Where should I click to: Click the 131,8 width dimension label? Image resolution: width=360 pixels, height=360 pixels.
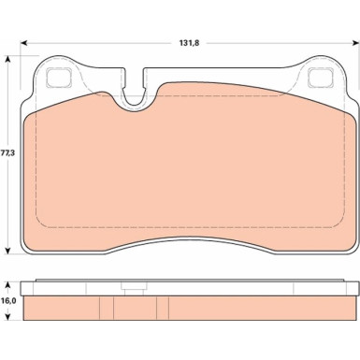tap(189, 43)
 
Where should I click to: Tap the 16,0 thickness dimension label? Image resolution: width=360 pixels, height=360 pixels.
tap(8, 301)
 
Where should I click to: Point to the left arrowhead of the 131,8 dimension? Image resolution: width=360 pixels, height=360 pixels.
tap(24, 43)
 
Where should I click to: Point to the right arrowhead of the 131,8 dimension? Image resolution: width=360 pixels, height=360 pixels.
tap(355, 43)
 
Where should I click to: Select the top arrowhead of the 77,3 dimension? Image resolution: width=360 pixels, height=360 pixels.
tap(8, 60)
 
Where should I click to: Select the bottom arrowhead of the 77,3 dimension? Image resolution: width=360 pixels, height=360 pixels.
tap(8, 251)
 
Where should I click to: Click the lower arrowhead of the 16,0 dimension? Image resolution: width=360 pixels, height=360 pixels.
tap(8, 316)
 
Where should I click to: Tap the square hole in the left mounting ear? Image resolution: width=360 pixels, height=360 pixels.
tap(59, 78)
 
